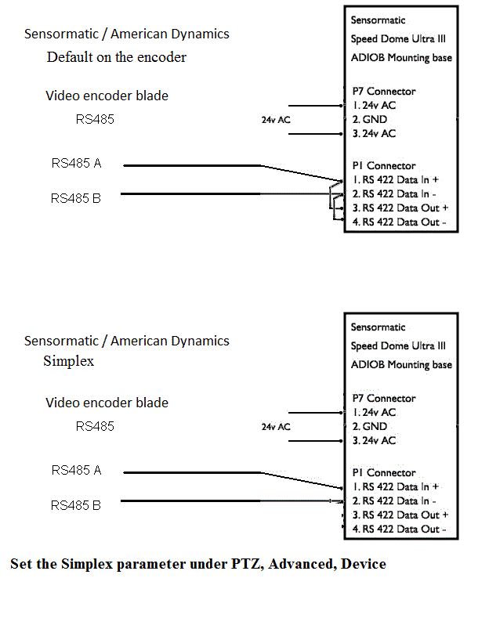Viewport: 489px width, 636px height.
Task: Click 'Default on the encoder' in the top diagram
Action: pyautogui.click(x=117, y=57)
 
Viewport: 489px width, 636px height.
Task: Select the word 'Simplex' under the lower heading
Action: pyautogui.click(x=69, y=361)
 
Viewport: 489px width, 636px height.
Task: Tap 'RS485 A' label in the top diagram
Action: pyautogui.click(x=76, y=164)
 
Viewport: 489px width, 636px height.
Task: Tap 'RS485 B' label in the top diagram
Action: pyautogui.click(x=76, y=199)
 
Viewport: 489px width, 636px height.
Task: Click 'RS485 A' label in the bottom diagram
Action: pyautogui.click(x=76, y=471)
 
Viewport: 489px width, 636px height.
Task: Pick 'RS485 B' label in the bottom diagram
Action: pyautogui.click(x=76, y=506)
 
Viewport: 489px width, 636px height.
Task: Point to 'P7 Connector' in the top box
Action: pyautogui.click(x=384, y=92)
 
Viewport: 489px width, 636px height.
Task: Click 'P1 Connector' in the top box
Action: pyautogui.click(x=384, y=166)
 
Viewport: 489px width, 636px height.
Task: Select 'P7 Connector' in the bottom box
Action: pyautogui.click(x=384, y=399)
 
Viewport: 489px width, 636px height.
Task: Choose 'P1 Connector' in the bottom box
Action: pyautogui.click(x=384, y=473)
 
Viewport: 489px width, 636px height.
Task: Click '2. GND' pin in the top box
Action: pyautogui.click(x=369, y=120)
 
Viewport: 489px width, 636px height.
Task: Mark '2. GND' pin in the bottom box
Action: pyautogui.click(x=369, y=427)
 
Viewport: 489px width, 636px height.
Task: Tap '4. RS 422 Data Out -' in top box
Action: pyautogui.click(x=400, y=222)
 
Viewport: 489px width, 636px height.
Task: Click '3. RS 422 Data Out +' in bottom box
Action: pyautogui.click(x=400, y=515)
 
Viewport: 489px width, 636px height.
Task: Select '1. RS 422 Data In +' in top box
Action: pyautogui.click(x=395, y=179)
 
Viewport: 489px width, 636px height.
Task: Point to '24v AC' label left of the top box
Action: pyautogui.click(x=276, y=121)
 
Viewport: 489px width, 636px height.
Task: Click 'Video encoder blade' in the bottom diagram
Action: pyautogui.click(x=107, y=403)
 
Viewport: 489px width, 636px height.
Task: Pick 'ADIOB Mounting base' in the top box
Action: pyautogui.click(x=401, y=58)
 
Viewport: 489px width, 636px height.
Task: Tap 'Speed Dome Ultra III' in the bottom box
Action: pyautogui.click(x=398, y=346)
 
